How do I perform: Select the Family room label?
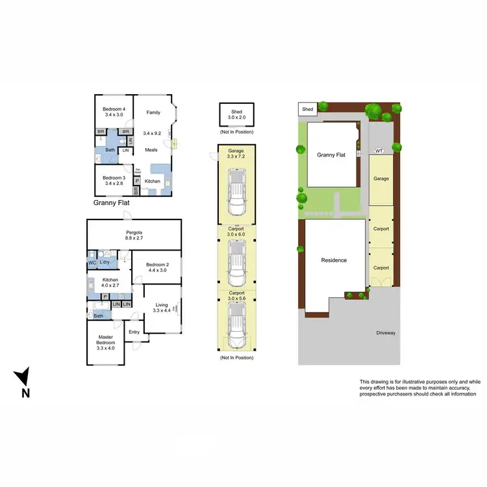(153, 112)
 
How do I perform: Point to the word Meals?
(151, 150)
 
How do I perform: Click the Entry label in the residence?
(134, 332)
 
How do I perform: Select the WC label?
(92, 262)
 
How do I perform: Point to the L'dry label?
(104, 262)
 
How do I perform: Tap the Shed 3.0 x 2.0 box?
(236, 115)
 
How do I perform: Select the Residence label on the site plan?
(334, 260)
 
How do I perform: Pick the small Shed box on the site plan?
(308, 109)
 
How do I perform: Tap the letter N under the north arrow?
(25, 392)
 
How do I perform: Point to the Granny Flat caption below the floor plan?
(113, 203)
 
